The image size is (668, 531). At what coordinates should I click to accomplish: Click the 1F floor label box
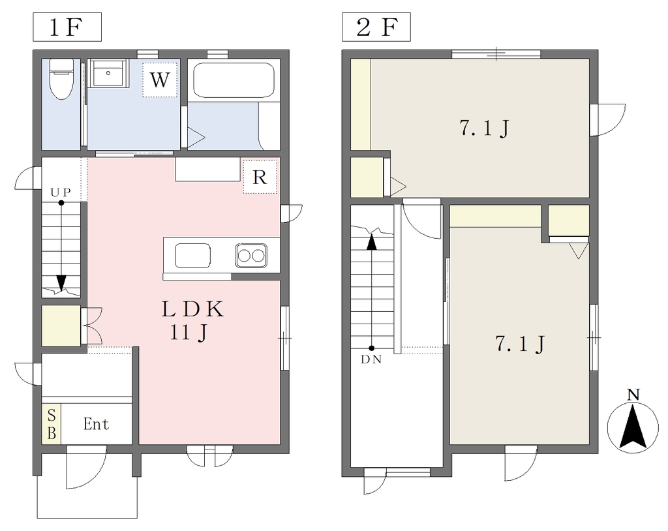67,27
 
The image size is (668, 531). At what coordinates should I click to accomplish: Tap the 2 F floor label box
376,27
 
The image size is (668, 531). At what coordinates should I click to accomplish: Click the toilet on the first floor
61,79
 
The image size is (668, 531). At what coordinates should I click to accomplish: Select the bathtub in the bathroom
234,80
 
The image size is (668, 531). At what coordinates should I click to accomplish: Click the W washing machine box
160,80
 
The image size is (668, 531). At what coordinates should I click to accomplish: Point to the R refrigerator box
260,177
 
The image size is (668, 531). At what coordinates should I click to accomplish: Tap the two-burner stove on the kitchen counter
251,256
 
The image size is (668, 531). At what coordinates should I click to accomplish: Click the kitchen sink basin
192,256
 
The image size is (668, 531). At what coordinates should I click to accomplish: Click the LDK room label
192,309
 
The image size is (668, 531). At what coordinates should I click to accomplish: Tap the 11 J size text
189,333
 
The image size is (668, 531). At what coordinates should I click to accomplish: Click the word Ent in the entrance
96,424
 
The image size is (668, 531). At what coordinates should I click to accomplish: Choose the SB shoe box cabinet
52,424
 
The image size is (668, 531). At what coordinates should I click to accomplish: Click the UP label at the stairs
61,192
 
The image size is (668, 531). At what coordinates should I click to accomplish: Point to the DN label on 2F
371,359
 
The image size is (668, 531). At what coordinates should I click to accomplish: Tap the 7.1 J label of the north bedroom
484,128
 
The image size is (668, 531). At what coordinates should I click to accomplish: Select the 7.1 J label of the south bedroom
520,344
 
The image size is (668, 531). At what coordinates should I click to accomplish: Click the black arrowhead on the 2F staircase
372,242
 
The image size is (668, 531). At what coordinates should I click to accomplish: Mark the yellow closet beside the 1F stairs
61,326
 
